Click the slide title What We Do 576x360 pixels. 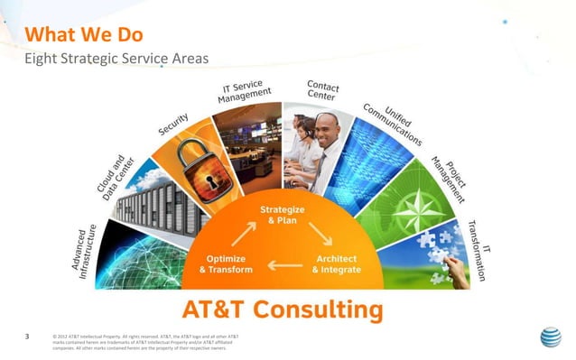(86, 35)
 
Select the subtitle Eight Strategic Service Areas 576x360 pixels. (116, 59)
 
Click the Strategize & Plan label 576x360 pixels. (282, 215)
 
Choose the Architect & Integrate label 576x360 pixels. (336, 263)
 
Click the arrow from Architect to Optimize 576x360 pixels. (282, 265)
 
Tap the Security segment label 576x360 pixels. (173, 124)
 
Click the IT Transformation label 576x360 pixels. (479, 249)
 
